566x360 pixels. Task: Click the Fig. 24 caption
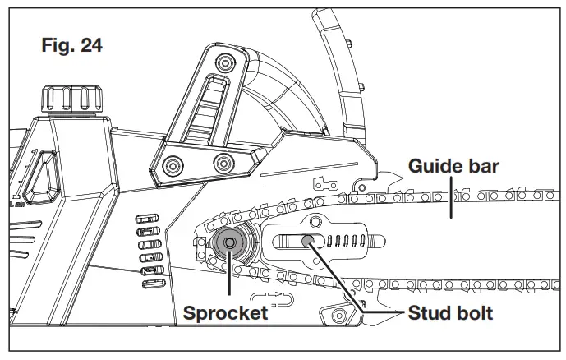(x=71, y=45)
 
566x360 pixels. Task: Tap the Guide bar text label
(x=453, y=167)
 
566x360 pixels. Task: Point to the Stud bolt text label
(x=449, y=314)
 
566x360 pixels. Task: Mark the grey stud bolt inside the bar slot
(x=307, y=240)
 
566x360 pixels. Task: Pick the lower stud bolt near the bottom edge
(x=336, y=316)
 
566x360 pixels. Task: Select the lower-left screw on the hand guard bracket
(x=173, y=164)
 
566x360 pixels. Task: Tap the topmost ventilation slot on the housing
(x=145, y=218)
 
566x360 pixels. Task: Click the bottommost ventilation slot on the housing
(x=152, y=284)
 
